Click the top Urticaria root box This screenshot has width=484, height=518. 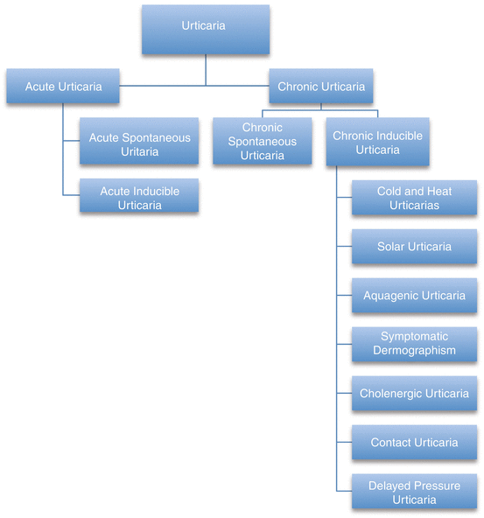click(x=203, y=26)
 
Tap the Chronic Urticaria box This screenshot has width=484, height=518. click(x=320, y=87)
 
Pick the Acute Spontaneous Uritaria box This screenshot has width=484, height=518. click(x=139, y=145)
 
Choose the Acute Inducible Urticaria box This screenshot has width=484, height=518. click(x=139, y=198)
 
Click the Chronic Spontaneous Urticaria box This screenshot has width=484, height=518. click(x=262, y=143)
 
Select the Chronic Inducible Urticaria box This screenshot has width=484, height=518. click(x=377, y=143)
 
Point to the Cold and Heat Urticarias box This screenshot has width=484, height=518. click(x=414, y=198)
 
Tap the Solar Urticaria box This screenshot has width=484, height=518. click(x=414, y=247)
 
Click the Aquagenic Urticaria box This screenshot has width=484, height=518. click(x=414, y=296)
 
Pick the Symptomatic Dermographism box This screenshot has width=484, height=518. click(x=414, y=344)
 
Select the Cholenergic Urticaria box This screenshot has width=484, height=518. click(x=414, y=394)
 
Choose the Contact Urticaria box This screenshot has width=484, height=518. click(x=414, y=443)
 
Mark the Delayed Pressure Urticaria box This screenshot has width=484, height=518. click(x=414, y=493)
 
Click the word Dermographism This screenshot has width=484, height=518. click(x=414, y=351)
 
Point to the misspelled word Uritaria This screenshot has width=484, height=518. click(x=139, y=152)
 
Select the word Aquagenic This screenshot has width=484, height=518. click(x=390, y=296)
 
